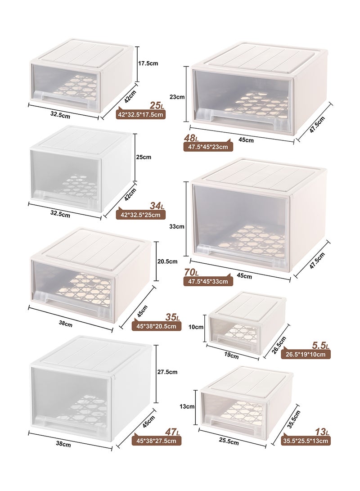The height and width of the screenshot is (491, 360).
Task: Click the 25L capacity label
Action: [x=157, y=106]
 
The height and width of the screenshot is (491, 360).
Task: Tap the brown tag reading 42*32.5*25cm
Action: [x=140, y=215]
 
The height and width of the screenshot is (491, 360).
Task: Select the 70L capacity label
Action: [x=192, y=272]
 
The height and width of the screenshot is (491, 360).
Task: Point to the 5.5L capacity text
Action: [x=321, y=346]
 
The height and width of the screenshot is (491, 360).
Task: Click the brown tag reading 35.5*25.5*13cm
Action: [x=306, y=441]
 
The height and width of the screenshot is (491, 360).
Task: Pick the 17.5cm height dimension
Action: [x=148, y=63]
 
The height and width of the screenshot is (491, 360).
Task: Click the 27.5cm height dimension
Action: [x=166, y=372]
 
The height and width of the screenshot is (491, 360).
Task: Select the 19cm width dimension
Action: [x=231, y=356]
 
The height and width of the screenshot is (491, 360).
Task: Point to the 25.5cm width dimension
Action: [x=228, y=442]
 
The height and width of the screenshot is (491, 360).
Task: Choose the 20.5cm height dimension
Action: [x=167, y=261]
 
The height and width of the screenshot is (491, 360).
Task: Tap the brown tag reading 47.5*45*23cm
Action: [x=208, y=147]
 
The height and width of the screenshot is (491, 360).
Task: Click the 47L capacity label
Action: [x=157, y=432]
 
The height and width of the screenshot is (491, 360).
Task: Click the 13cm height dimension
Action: [x=186, y=406]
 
